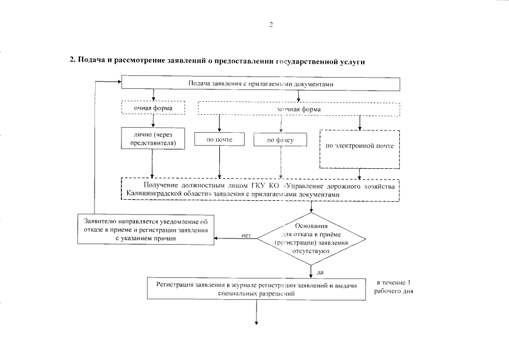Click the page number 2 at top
point(271,24)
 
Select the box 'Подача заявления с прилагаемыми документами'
point(261,84)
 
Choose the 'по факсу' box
point(280,139)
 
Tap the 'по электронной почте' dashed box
point(359,146)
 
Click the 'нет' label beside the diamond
point(246,235)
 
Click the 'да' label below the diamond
point(320,272)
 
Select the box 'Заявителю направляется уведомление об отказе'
point(146,229)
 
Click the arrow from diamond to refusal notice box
point(236,238)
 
